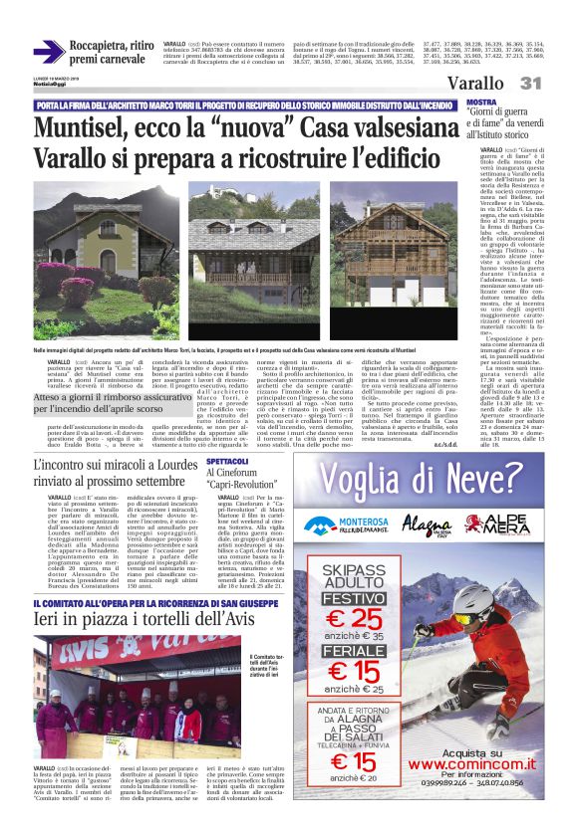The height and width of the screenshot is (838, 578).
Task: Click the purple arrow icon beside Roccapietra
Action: tap(49, 52)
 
